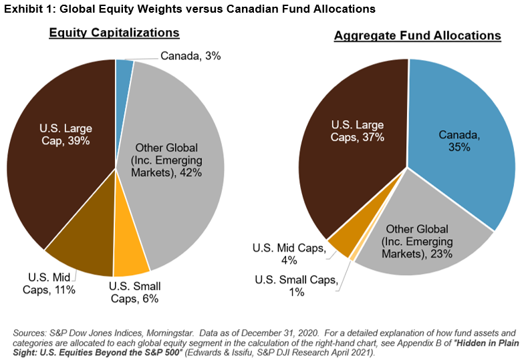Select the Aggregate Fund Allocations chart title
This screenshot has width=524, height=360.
[x=408, y=35]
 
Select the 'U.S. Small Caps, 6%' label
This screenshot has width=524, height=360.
[x=135, y=293]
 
